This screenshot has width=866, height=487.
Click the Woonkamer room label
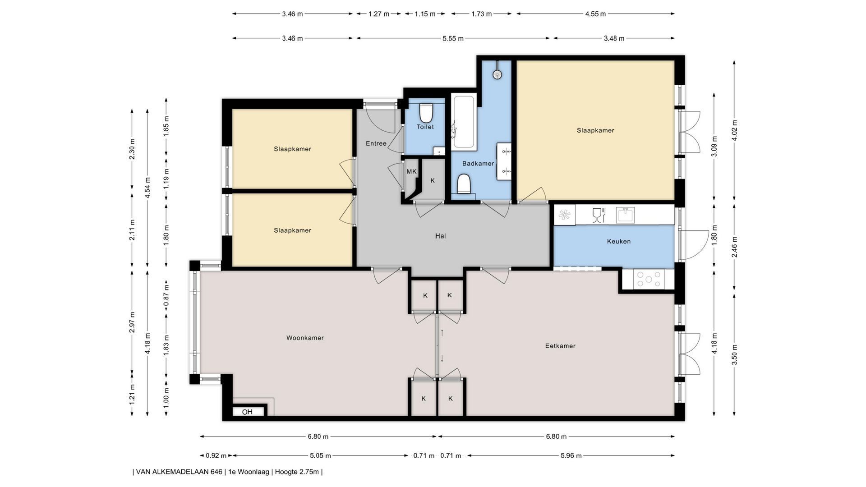[305, 338]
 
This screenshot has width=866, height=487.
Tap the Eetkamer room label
[560, 346]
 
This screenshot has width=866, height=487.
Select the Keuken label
[619, 241]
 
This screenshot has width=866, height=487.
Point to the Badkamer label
[478, 163]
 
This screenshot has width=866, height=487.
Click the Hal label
[440, 236]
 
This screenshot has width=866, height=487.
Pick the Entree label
[376, 143]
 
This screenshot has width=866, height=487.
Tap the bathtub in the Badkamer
[464, 122]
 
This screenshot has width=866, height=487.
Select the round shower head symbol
[497, 74]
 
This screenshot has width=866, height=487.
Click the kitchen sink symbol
[625, 215]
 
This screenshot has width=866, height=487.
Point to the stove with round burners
[649, 279]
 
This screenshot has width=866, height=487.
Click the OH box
[247, 412]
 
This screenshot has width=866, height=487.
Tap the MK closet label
[411, 171]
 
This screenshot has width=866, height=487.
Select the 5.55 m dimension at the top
[453, 38]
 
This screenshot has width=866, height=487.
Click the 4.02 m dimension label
[734, 130]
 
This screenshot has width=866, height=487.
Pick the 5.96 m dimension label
[571, 455]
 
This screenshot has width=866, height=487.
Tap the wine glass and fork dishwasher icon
[598, 215]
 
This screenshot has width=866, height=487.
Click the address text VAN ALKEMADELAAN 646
[179, 472]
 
